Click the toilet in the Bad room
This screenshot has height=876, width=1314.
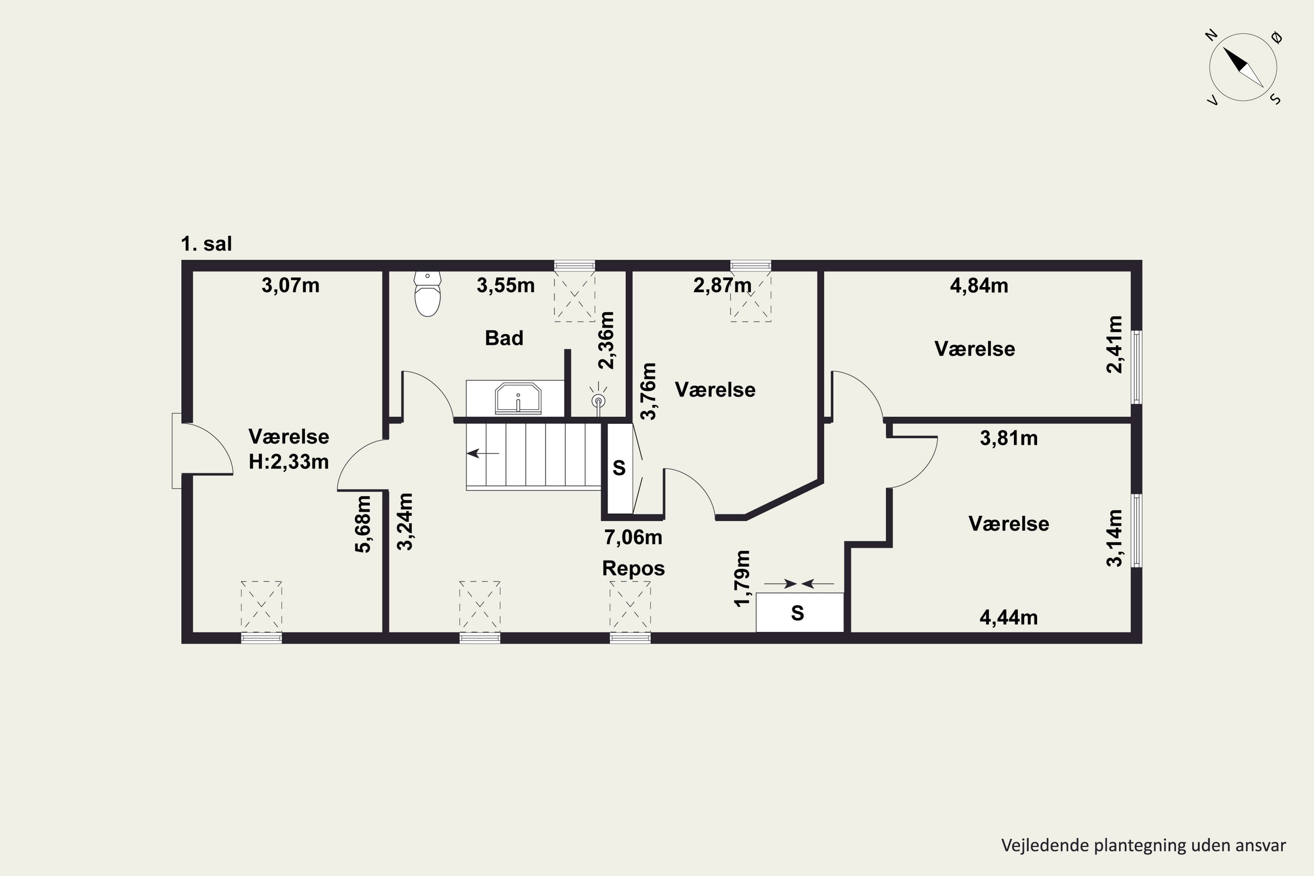tap(427, 294)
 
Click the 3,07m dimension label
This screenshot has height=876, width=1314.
tap(290, 286)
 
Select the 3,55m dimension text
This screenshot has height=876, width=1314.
tap(505, 286)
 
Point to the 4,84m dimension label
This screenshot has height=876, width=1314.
tap(979, 286)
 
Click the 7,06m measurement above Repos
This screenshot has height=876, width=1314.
tap(633, 537)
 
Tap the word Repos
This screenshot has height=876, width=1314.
tap(633, 568)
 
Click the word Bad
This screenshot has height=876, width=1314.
tap(504, 338)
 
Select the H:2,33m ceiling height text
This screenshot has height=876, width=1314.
tap(289, 462)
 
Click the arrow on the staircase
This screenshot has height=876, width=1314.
tap(483, 453)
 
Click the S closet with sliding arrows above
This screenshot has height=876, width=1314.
tap(799, 612)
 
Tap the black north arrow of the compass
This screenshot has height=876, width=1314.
tap(1235, 59)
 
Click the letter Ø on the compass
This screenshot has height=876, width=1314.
tap(1276, 38)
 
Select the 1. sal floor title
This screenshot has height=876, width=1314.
tap(206, 244)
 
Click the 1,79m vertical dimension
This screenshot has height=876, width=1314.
tap(742, 578)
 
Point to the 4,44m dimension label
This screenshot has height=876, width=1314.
tap(1008, 617)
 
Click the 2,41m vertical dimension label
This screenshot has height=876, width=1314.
tap(1114, 344)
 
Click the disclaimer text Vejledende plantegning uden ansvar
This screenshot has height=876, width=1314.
tap(1144, 845)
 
